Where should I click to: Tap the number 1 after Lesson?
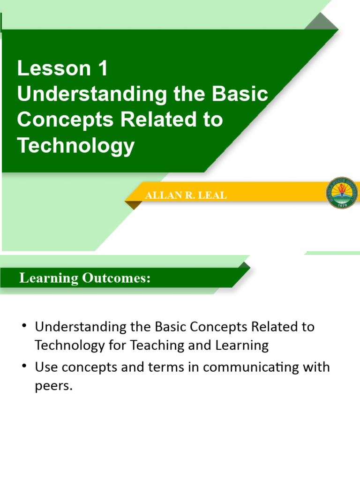pyautogui.click(x=103, y=69)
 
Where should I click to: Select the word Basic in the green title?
pyautogui.click(x=240, y=94)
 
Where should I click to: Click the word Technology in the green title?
pyautogui.click(x=76, y=146)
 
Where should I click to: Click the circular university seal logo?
pyautogui.click(x=342, y=193)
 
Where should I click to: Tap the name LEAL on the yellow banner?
pyautogui.click(x=214, y=195)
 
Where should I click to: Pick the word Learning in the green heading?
pyautogui.click(x=49, y=278)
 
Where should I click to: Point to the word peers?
pyautogui.click(x=54, y=388)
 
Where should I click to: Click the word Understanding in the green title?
pyautogui.click(x=92, y=94)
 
